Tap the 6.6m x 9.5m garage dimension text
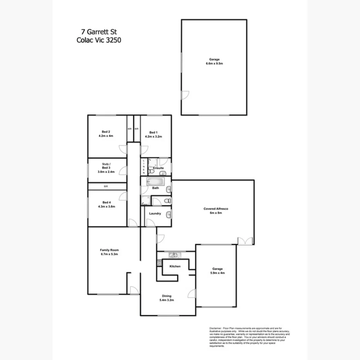click(214, 63)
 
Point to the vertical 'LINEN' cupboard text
click(143, 166)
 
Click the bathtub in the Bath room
click(156, 181)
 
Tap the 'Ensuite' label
click(158, 168)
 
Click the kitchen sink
click(174, 255)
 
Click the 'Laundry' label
click(155, 213)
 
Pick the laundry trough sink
click(168, 215)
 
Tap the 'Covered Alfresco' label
click(216, 209)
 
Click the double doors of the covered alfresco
click(243, 241)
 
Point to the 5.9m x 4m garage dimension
click(217, 273)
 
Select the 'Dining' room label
click(166, 296)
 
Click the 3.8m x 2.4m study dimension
click(106, 172)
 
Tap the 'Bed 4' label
click(107, 202)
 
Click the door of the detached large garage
click(185, 94)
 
